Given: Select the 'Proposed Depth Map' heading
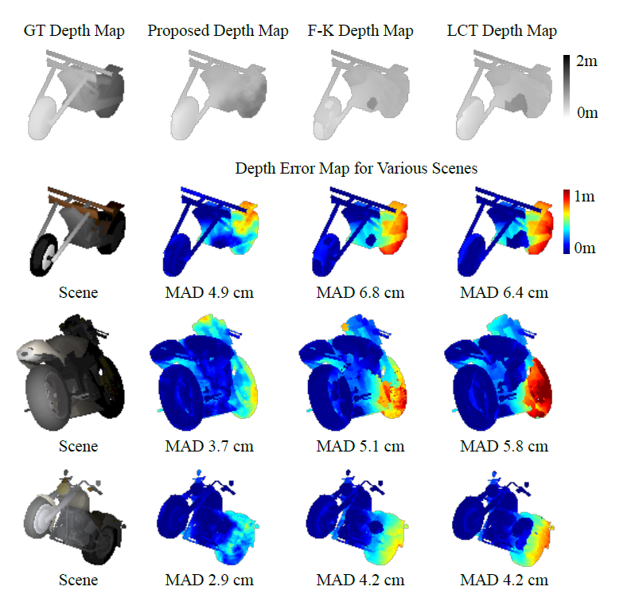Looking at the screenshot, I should (217, 31).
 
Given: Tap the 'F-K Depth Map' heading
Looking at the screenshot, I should (360, 31).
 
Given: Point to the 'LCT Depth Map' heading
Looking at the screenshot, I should (502, 31).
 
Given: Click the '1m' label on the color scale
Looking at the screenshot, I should (587, 196).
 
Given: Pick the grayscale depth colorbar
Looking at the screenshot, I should (567, 87).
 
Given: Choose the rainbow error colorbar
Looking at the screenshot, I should (567, 221).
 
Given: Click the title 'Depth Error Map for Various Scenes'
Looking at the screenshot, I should (356, 168).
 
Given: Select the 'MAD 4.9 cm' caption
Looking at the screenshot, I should (209, 292).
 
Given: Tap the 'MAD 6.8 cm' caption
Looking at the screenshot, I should (360, 292).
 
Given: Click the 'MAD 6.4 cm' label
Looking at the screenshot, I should (504, 292).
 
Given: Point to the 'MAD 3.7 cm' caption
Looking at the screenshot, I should (209, 446).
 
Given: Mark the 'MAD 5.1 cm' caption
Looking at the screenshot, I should (360, 446).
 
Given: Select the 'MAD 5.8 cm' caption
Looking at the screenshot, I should (504, 446).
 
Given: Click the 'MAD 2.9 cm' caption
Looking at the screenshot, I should (209, 580).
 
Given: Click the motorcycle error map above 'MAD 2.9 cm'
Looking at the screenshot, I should (211, 518).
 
